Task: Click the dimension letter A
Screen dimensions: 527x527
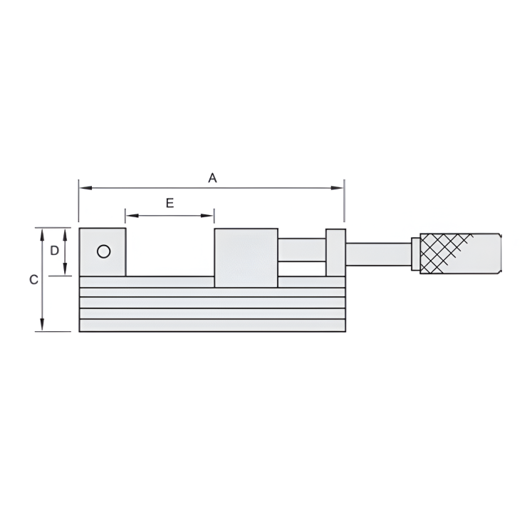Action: coord(212,178)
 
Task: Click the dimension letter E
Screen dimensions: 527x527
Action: coord(169,203)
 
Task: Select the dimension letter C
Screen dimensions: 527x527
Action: coord(33,281)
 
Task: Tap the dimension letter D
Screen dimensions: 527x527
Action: coord(53,251)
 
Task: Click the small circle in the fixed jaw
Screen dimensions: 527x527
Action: coord(103,251)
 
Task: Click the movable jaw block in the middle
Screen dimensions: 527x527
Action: coord(246,258)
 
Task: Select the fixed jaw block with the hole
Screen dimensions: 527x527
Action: coord(102,252)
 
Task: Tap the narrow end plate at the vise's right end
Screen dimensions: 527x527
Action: coord(335,253)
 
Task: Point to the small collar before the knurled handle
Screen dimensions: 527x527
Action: coord(415,254)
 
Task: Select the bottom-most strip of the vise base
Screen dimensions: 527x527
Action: coord(212,325)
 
